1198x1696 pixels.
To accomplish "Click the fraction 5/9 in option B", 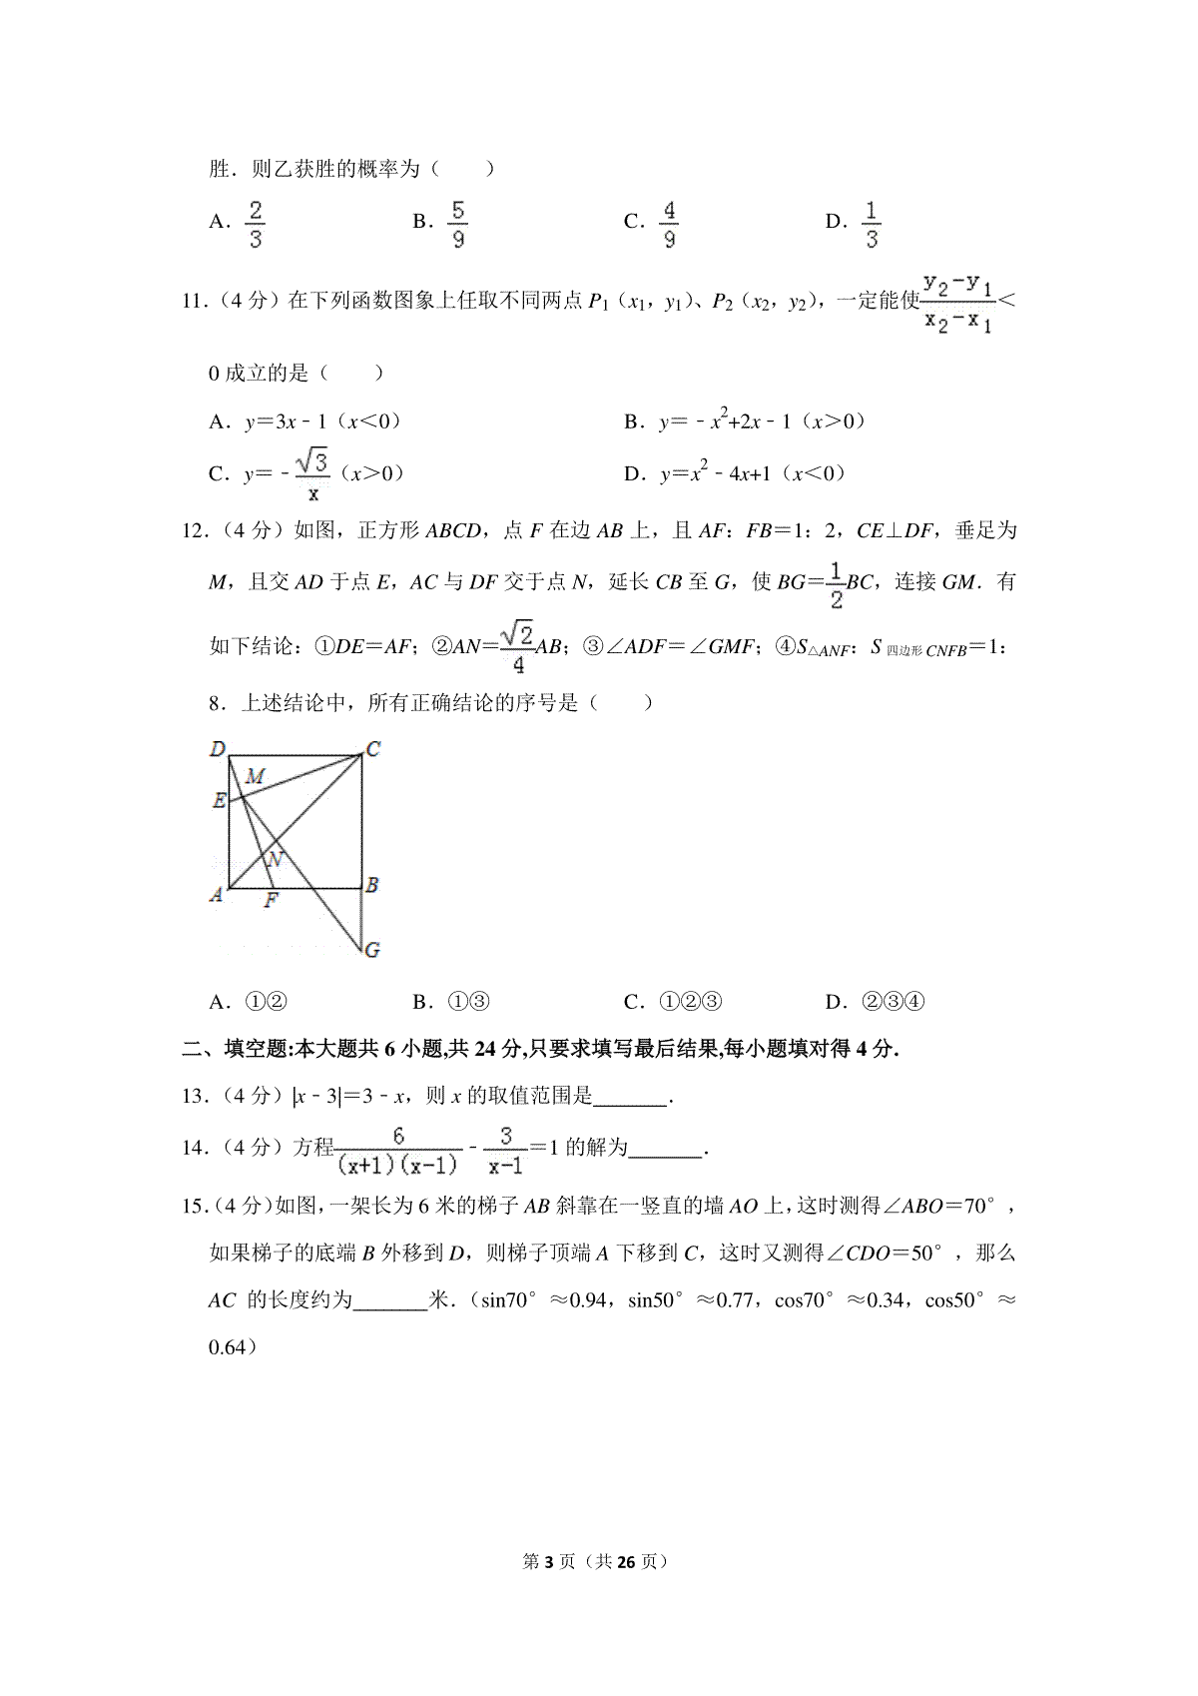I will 457,224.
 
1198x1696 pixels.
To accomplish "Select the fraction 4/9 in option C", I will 669,224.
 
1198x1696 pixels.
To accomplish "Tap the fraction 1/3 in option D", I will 872,224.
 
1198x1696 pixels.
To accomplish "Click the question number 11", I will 194,301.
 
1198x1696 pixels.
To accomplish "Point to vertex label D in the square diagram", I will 218,748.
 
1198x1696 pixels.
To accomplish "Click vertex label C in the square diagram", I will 373,748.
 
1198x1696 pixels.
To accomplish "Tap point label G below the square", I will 372,950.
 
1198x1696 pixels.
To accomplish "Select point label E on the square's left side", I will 219,800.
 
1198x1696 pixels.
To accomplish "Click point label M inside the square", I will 256,776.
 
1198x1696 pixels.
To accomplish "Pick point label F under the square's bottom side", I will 271,901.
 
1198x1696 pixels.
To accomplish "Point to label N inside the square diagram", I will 277,858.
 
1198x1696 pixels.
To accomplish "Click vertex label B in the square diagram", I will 372,884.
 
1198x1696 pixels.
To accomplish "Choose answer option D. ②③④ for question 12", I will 876,1002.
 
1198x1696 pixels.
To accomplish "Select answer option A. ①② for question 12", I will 249,1002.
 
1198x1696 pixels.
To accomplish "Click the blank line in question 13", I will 630,1098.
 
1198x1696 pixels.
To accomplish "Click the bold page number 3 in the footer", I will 545,1561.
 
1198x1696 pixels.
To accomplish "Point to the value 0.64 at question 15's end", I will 227,1347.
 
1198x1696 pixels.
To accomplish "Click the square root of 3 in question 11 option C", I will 312,461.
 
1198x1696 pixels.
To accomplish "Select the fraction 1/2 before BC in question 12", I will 836,584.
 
